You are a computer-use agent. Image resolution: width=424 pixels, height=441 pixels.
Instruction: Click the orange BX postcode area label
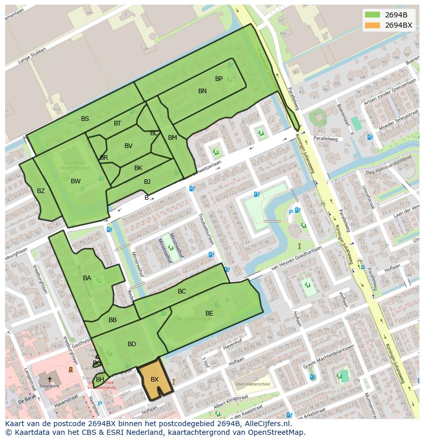[154, 380]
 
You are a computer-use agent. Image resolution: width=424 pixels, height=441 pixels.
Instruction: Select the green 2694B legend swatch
[372, 15]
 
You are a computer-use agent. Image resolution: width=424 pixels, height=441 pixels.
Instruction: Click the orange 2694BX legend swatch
[372, 25]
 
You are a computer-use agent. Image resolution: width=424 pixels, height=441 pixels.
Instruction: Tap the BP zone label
[219, 79]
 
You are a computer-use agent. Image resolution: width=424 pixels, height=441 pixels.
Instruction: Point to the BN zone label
[202, 91]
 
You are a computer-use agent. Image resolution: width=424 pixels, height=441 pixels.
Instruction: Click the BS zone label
[84, 119]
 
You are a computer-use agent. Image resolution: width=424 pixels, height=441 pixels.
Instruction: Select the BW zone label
[75, 181]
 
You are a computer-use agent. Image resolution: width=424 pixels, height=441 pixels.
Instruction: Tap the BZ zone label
[41, 191]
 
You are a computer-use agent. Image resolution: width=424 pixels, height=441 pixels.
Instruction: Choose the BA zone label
[87, 278]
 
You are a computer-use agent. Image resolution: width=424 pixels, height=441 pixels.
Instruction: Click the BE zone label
[209, 313]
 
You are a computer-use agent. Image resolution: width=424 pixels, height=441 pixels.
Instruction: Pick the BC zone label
[182, 291]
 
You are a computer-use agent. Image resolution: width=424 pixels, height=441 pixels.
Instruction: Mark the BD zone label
[132, 344]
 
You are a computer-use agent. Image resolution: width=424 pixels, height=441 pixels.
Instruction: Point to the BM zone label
[173, 138]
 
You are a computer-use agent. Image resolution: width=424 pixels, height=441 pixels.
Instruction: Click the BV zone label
[129, 146]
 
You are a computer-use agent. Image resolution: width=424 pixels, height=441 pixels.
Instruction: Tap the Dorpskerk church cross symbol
[50, 380]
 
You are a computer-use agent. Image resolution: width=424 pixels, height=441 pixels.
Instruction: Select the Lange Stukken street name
[32, 56]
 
